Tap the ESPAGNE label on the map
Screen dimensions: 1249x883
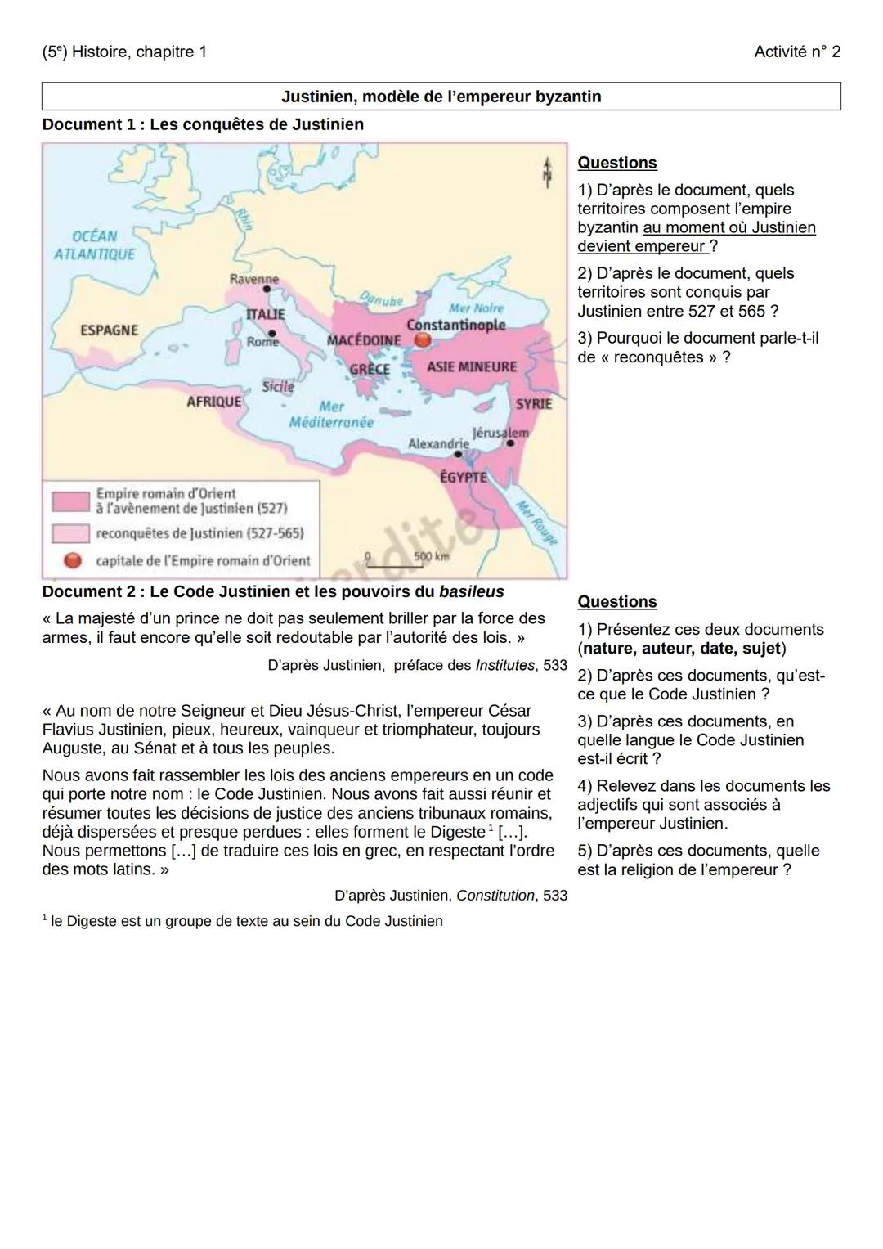click(x=109, y=330)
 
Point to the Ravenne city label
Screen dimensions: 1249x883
click(x=253, y=279)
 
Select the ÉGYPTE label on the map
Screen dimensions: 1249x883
click(x=464, y=478)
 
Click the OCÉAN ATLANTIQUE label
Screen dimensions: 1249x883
click(x=94, y=245)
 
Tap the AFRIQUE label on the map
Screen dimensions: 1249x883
click(x=214, y=402)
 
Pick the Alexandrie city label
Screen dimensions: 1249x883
click(x=438, y=443)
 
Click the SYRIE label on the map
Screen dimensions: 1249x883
click(x=533, y=404)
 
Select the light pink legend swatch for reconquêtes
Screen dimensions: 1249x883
click(x=71, y=533)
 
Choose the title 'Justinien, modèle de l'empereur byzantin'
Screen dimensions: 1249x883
click(x=441, y=97)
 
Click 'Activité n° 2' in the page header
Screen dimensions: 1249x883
click(x=796, y=52)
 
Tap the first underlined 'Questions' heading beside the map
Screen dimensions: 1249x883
click(x=616, y=163)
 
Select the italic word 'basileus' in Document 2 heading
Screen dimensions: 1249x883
click(x=471, y=591)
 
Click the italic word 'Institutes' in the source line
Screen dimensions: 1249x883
click(x=504, y=665)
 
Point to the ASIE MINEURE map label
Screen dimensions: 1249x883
click(x=472, y=367)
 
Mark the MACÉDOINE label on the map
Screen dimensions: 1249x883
click(x=364, y=340)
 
